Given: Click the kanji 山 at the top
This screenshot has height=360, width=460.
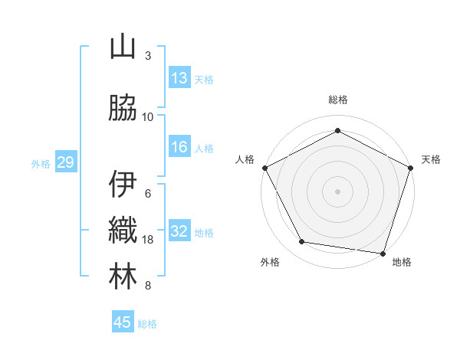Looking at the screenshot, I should pos(123,47).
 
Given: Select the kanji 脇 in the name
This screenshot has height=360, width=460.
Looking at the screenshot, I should pos(123,108).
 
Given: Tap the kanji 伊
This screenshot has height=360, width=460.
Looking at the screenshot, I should pos(123,185).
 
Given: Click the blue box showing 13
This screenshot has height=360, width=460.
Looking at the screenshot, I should pos(179,78).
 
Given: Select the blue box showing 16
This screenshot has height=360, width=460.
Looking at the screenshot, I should pos(179,147).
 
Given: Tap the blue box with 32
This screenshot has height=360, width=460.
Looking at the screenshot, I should pos(179,231).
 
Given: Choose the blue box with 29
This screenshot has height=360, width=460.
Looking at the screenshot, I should pos(65,162).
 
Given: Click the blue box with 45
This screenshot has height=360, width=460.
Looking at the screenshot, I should pos(123,322).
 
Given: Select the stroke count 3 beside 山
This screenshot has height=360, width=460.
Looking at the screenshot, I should pos(148,56).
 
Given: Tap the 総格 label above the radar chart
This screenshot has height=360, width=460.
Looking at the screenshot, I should pos(338,100).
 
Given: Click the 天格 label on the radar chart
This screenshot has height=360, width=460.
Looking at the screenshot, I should pos(431,159).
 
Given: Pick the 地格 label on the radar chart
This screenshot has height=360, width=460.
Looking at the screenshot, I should pos(402,262).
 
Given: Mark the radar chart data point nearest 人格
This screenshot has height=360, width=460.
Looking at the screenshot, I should pos(264,167).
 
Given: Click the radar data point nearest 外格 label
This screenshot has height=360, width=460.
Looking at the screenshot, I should pos(302,242).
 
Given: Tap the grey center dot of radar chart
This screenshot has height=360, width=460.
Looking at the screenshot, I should pos(338,191).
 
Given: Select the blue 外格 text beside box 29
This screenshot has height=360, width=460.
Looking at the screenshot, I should pos(41,163).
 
